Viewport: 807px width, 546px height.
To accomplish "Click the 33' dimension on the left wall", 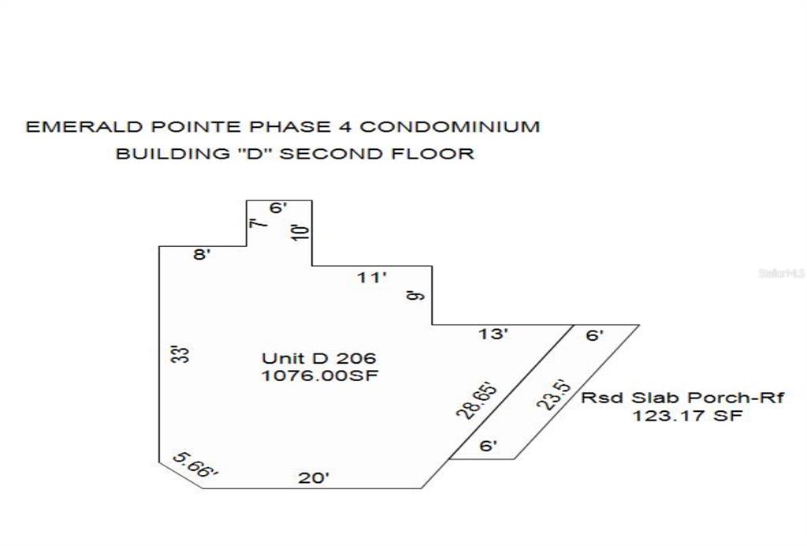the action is tap(180, 354).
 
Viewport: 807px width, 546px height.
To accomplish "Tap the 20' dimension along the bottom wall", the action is tap(314, 477).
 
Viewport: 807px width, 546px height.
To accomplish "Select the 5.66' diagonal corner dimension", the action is tap(195, 464).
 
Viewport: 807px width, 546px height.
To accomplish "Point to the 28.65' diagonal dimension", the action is tap(478, 400).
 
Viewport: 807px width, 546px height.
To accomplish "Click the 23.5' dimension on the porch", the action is tap(554, 395).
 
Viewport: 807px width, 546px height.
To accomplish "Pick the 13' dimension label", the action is tap(493, 334).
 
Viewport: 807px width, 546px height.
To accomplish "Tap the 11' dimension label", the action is tap(372, 278).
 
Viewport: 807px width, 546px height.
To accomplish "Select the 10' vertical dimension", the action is tap(301, 231).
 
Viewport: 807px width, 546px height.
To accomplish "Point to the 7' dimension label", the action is tap(258, 223).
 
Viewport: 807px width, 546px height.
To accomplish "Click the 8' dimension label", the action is tap(202, 254).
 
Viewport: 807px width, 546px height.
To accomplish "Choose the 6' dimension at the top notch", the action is tap(278, 208).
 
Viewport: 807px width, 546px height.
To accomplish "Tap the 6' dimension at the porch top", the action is tap(594, 335).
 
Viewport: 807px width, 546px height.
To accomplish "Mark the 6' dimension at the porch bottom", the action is tap(488, 446).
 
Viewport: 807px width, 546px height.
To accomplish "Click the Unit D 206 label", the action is tap(319, 358).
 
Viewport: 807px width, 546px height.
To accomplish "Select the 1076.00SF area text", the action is tap(320, 375).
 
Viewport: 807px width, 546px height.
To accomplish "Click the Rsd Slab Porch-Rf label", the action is tap(682, 398).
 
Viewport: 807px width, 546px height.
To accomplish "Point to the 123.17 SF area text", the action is tap(687, 415).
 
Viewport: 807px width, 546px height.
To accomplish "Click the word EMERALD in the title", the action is tap(84, 127).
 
